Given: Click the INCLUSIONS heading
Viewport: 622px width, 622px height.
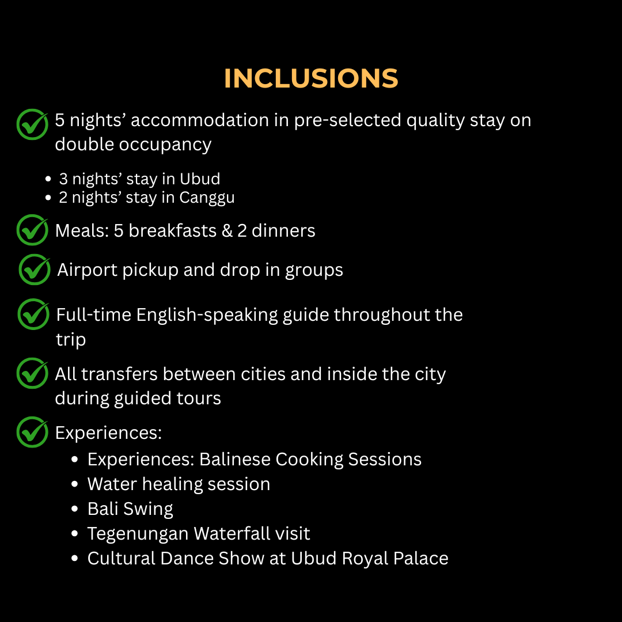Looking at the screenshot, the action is (311, 78).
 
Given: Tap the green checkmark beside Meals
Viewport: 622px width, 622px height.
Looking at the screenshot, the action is (32, 230).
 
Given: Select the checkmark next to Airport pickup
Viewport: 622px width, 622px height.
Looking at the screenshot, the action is (35, 270).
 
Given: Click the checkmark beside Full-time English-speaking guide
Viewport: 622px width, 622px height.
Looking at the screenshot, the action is (34, 314).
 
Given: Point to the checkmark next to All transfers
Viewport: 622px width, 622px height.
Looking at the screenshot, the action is (32, 373).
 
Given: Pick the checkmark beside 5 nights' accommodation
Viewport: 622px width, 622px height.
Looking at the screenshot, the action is (32, 124).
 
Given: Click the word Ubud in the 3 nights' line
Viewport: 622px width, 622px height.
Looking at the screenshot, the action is (199, 179).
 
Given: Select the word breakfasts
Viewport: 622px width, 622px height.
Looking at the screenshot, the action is (173, 230).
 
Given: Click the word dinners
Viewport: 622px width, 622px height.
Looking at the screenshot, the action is (283, 230).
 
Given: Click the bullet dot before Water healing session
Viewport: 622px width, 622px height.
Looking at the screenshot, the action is (74, 484).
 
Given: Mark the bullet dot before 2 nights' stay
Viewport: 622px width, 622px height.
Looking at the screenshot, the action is (48, 198).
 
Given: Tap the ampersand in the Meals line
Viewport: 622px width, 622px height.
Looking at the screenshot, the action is (227, 230).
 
